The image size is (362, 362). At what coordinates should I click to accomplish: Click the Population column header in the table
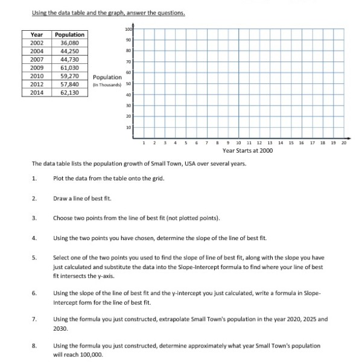tap(70, 35)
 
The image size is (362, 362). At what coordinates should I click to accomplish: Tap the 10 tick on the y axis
tap(129, 127)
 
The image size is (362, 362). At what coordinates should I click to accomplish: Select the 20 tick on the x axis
tap(345, 142)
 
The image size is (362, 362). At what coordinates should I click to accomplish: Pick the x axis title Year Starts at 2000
tap(247, 150)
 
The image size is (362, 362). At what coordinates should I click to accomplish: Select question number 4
tap(35, 238)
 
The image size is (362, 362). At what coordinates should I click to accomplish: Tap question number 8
tap(35, 346)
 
